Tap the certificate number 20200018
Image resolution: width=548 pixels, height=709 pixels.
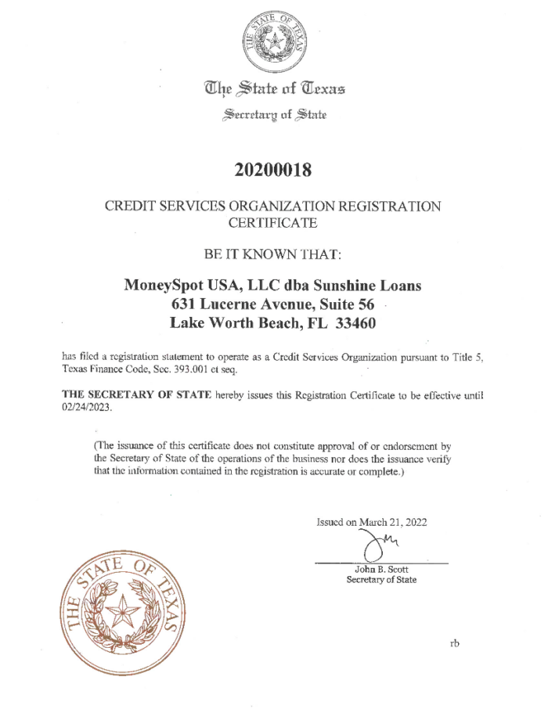pos(273,168)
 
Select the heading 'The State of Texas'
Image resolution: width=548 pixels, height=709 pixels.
pos(273,88)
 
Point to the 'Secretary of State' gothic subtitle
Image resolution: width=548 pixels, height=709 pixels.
pos(273,115)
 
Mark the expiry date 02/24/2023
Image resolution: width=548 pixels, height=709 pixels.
pos(89,408)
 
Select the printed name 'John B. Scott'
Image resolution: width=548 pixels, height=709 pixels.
pos(381,569)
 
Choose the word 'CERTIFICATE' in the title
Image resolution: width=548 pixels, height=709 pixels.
pos(273,223)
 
